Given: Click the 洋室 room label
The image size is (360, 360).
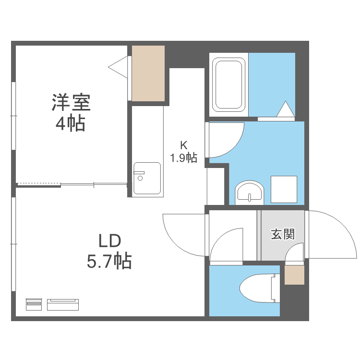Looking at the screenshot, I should click(71, 102).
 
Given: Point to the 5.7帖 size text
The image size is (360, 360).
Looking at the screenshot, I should click(109, 261).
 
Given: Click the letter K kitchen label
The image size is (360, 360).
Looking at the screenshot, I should click(183, 144).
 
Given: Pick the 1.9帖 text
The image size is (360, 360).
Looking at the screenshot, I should click(183, 157).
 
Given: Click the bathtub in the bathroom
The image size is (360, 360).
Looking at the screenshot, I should click(229, 84).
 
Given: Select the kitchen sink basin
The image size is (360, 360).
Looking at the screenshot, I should click(147, 178).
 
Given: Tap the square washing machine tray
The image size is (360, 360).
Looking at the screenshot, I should click(284, 189).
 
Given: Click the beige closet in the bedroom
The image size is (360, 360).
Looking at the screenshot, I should click(148, 73).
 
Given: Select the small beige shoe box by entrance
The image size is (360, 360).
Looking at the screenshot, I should click(294, 275).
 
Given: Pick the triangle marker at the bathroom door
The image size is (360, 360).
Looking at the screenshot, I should click(286, 110).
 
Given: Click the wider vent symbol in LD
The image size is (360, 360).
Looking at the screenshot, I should click(63, 304).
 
